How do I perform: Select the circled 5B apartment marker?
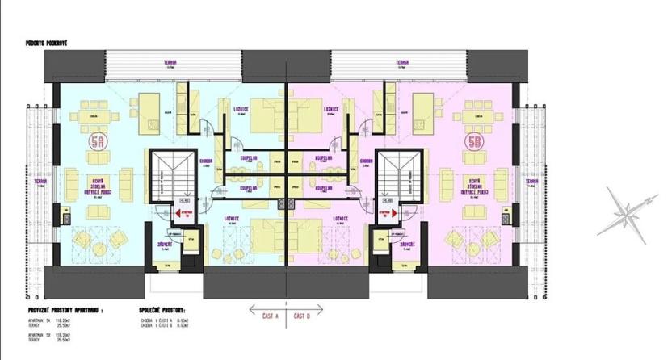473,143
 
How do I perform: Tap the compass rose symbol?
623,211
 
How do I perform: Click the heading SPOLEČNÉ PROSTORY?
162,309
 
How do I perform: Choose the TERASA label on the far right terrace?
531,182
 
